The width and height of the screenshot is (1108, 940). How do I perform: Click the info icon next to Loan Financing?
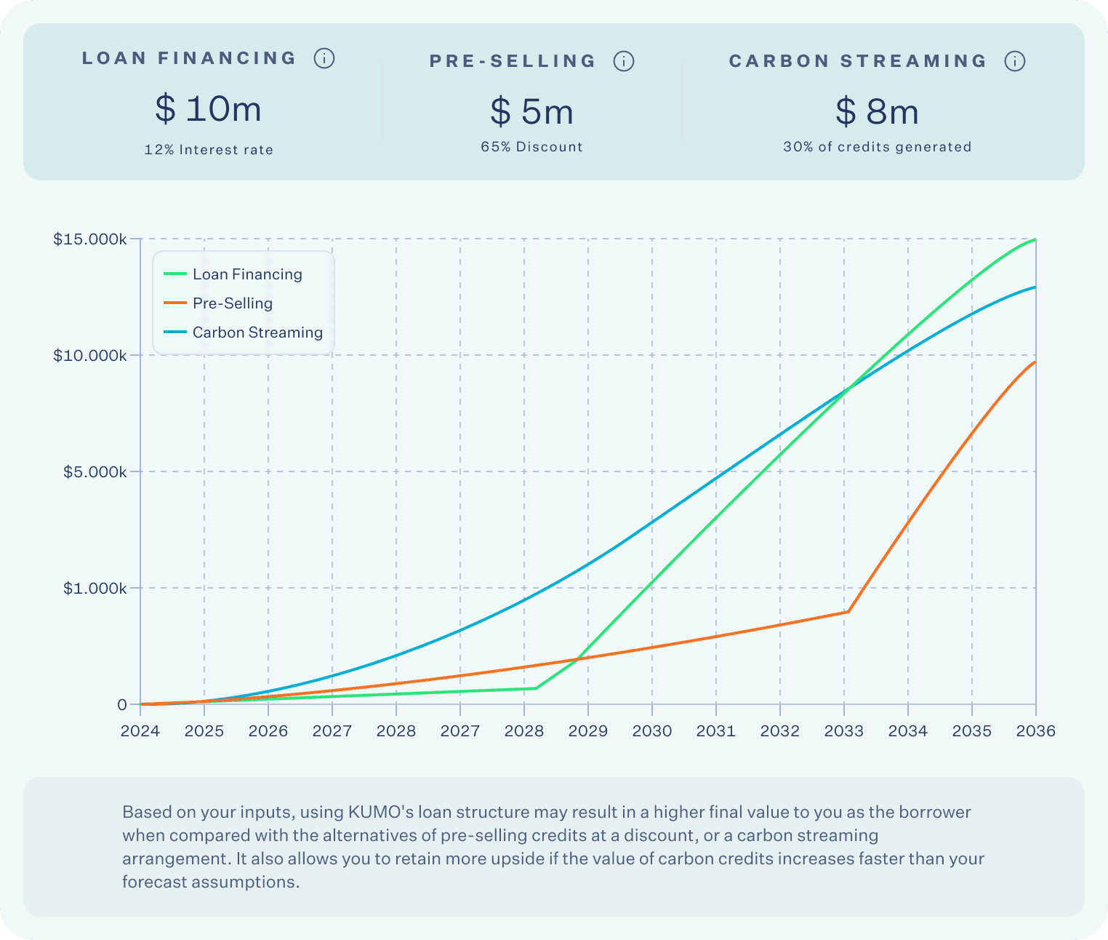(324, 58)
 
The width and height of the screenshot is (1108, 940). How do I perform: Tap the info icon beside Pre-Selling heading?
(624, 61)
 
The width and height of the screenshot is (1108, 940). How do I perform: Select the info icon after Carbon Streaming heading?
(1015, 61)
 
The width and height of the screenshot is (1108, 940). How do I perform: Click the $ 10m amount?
(209, 109)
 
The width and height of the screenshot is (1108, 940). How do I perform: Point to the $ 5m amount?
(532, 112)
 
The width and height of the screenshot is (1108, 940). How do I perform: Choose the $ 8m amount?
(878, 112)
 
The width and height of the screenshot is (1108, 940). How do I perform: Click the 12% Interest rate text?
(209, 150)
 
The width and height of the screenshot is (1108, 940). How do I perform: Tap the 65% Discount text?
(532, 147)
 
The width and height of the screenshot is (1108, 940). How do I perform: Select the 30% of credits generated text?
(878, 147)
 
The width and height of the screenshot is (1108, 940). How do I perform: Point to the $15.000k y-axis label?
(90, 239)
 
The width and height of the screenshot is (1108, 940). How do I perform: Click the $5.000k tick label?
(95, 472)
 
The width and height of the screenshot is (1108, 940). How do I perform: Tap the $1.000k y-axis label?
(95, 589)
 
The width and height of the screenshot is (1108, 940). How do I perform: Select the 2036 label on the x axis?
(1035, 731)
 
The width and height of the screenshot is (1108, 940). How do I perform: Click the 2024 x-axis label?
(140, 731)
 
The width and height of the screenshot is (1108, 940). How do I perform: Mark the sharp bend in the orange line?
(848, 612)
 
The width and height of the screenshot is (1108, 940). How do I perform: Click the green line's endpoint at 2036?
(1035, 239)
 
